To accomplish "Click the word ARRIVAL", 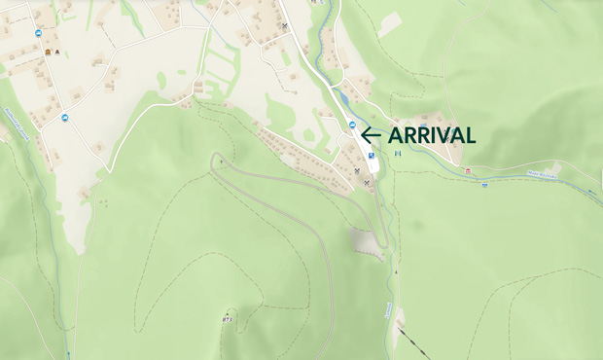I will click(x=432, y=135).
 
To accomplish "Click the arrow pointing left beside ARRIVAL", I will click(x=370, y=135).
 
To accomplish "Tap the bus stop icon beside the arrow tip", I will click(x=352, y=124).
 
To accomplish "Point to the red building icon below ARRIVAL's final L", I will click(x=468, y=171).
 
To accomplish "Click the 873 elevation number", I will click(x=227, y=318).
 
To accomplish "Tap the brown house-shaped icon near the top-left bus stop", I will click(x=47, y=52).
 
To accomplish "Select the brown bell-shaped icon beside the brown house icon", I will click(x=57, y=52).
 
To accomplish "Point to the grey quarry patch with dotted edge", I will click(x=361, y=241).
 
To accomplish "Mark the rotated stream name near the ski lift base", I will click(x=389, y=310).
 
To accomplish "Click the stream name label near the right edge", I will click(x=543, y=176).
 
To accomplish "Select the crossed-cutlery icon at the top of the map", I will click(x=284, y=26).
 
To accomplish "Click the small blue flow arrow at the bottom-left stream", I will click(x=68, y=354).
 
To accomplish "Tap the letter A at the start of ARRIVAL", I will click(x=396, y=135).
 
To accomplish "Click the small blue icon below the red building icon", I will click(x=483, y=184).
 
